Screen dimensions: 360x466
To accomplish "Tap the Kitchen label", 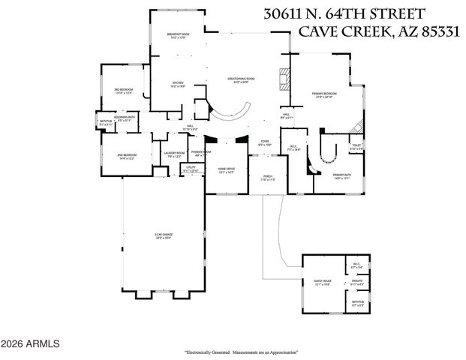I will pos(178,84).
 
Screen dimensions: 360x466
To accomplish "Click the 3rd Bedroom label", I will pos(122,91).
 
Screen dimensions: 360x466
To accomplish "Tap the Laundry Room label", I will pos(174,154).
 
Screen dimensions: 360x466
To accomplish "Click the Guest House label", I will pos(323,283).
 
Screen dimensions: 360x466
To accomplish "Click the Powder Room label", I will pos(201,153).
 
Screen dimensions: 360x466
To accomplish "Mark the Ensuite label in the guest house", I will pos(357,283).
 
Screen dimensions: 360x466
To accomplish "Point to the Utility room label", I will pos(191,169).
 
